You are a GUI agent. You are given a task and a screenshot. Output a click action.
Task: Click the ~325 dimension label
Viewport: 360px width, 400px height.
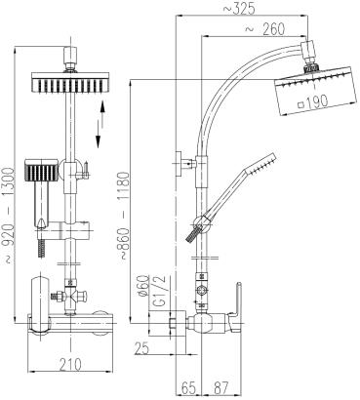pos(239,8)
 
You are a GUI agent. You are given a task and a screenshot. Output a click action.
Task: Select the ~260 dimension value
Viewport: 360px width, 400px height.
pos(264,29)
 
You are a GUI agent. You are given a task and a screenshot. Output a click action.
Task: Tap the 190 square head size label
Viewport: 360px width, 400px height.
pos(313,101)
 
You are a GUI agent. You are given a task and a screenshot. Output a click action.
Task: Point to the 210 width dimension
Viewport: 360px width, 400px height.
pos(70,364)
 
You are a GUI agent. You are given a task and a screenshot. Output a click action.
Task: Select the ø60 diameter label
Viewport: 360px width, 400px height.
pos(143,286)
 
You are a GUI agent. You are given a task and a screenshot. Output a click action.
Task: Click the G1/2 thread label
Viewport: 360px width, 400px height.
pos(159,290)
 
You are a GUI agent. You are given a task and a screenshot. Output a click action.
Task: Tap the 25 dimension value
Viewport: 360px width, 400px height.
pos(141,349)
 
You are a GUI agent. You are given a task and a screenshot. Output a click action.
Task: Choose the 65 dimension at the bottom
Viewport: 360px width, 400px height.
pos(188,387)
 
